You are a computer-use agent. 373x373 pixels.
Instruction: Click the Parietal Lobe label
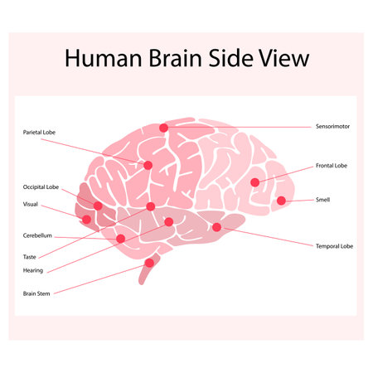pos(39,132)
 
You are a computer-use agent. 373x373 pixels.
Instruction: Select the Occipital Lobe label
pos(41,187)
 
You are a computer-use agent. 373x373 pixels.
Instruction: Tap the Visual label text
pos(31,204)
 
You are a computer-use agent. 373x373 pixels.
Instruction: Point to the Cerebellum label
pos(37,235)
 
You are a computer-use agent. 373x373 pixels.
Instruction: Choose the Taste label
pos(29,257)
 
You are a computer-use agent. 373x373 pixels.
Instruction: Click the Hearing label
pos(33,270)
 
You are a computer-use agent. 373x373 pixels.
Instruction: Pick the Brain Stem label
pos(36,293)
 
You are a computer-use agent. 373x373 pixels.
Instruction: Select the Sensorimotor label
pos(334,127)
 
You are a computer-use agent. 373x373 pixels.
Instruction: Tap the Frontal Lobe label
pos(332,166)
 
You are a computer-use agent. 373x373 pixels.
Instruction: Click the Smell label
pos(323,200)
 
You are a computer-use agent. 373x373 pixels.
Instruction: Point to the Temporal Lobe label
pos(334,246)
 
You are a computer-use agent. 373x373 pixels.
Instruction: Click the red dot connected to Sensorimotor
pos(164,128)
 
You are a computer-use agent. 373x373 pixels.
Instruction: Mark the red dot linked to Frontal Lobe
pos(254,182)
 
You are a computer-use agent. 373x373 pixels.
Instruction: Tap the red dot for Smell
pos(281,200)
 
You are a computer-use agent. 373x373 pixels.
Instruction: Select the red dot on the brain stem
pos(149,263)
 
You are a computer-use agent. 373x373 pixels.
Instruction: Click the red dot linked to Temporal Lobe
pos(216,227)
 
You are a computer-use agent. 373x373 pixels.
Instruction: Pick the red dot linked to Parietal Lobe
pos(148,165)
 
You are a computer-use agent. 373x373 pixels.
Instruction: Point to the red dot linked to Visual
pos(86,219)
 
